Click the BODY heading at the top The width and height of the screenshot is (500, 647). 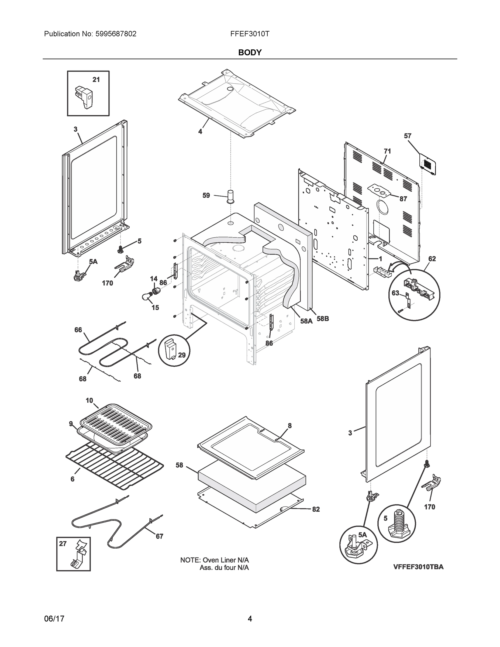[250, 53]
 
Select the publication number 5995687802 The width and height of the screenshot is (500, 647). [116, 34]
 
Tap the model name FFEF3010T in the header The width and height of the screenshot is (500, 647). [250, 34]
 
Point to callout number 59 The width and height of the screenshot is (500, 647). [206, 195]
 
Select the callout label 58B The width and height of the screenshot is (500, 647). [323, 319]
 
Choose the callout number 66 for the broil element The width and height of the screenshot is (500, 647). [78, 330]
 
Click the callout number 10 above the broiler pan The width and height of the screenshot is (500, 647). [89, 401]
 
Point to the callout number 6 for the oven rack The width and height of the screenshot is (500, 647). [73, 479]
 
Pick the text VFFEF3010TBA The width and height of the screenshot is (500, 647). [418, 567]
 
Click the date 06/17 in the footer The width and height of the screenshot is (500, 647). [54, 619]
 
